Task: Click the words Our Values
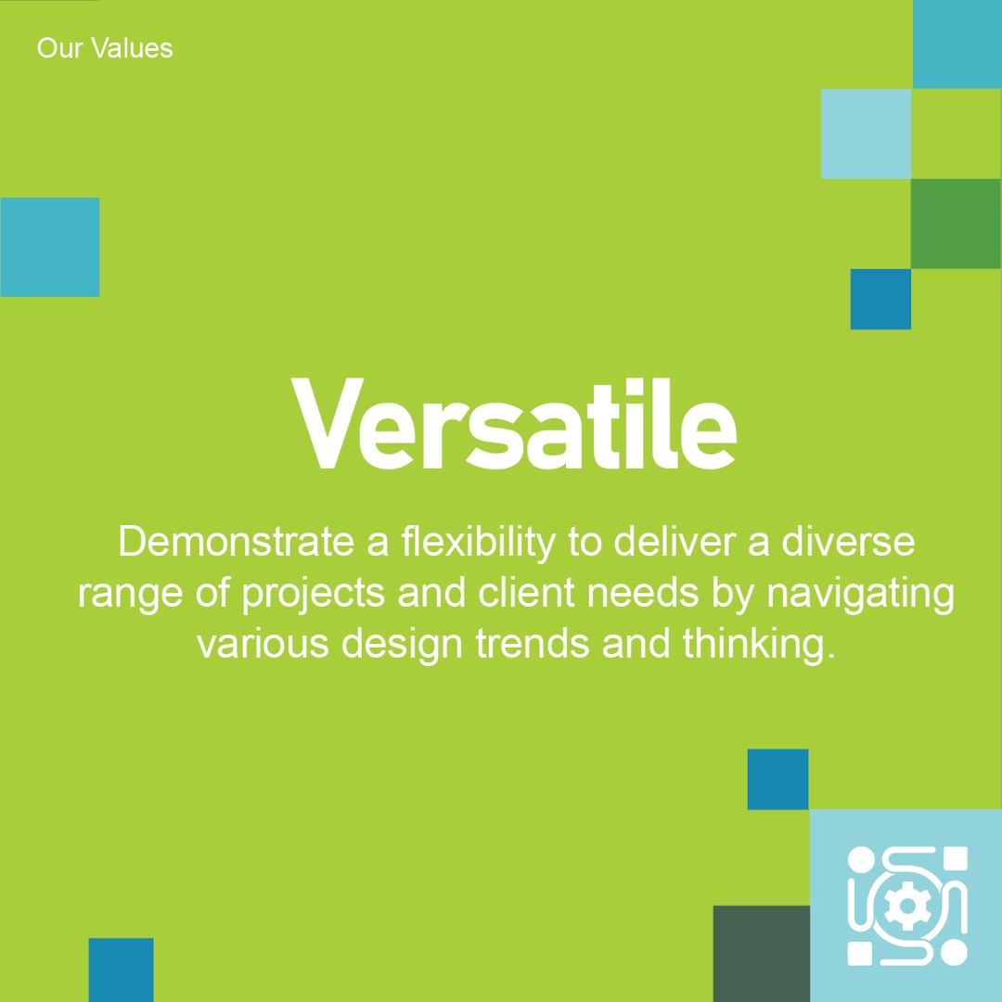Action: coord(105,48)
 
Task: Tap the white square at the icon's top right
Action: coord(955,858)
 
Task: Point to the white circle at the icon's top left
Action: coord(861,859)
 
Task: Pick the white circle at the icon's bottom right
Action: coord(955,953)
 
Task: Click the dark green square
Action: coord(956,224)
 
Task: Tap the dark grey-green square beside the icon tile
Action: coord(761,953)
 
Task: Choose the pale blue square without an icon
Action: coord(866,134)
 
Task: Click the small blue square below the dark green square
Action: coord(880,299)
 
